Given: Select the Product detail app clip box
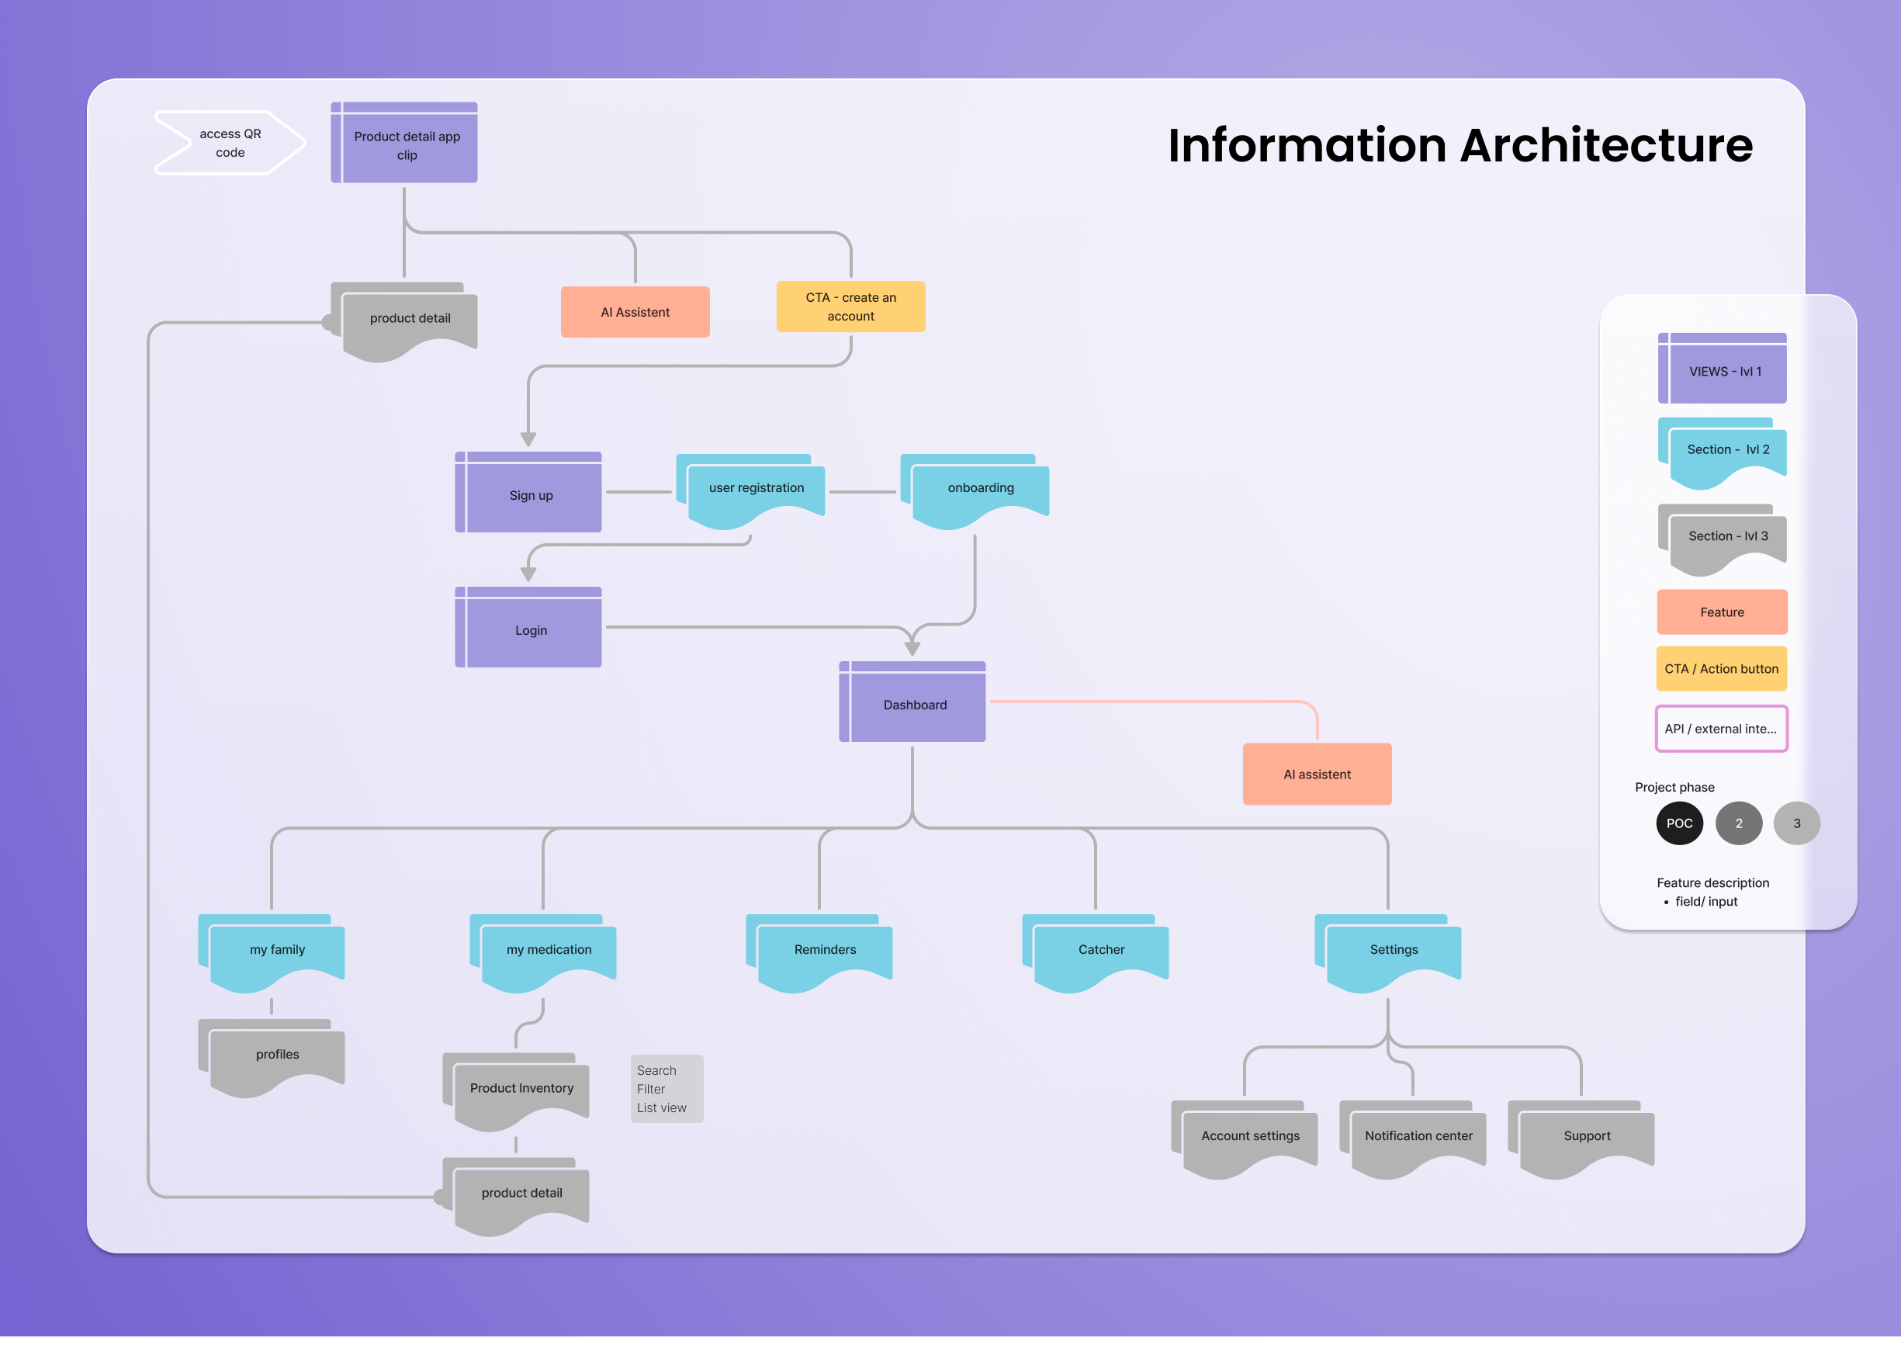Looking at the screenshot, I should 406,144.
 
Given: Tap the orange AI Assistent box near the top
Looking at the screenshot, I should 635,312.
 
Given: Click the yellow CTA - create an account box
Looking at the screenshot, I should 850,307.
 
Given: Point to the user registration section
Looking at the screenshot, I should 755,492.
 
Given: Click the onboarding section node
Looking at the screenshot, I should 979,492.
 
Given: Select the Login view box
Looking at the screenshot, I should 530,629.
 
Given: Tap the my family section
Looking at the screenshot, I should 276,952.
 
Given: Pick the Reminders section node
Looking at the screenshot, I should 824,952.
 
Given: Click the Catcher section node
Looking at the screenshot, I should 1099,952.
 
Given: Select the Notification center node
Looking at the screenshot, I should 1418,1139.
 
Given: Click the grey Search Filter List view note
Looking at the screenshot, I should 667,1088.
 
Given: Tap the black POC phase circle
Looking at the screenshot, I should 1679,823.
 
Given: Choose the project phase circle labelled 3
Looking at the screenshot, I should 1796,823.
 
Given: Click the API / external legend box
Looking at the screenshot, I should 1721,729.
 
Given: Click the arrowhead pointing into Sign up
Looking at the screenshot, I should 528,439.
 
